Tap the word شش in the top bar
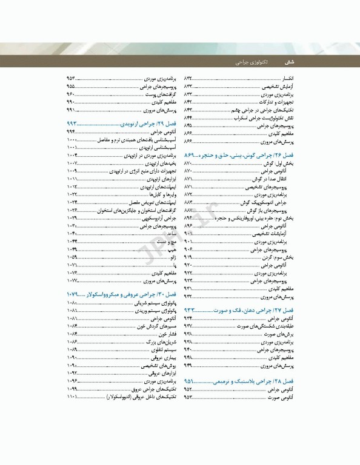tap(289, 62)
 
